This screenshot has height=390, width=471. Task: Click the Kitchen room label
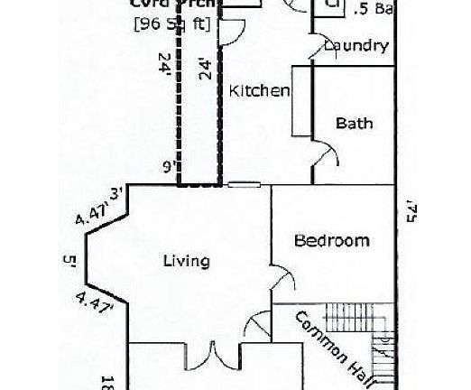(x=259, y=90)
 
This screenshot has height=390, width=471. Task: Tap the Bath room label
(x=354, y=124)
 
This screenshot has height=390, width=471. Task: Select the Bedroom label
(x=332, y=240)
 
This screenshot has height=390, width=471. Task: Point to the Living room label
(x=186, y=261)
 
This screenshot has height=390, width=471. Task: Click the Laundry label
(x=356, y=46)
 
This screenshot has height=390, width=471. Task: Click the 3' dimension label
(x=115, y=192)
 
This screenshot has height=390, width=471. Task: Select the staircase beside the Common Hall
(x=384, y=357)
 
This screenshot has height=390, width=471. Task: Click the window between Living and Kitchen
(x=244, y=185)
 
